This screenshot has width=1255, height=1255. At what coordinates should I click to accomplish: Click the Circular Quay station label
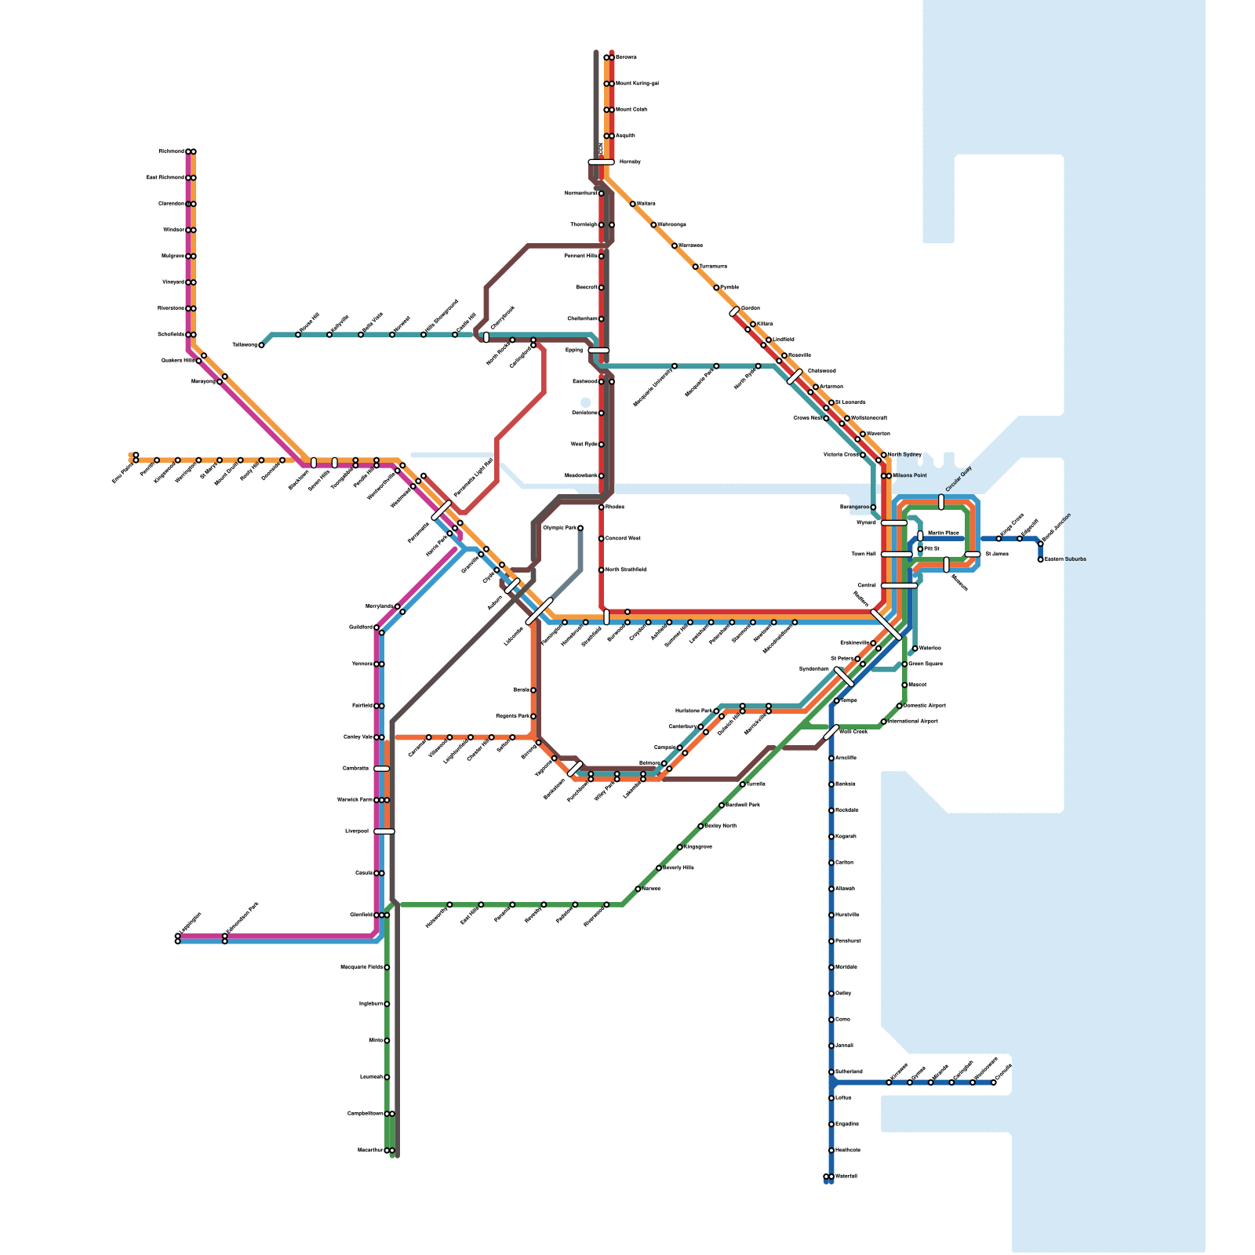pos(959,479)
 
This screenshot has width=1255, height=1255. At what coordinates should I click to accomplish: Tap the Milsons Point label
pos(910,475)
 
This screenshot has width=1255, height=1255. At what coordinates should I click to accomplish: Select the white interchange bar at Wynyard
pos(894,522)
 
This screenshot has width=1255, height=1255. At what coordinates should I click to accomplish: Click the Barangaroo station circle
pos(873,507)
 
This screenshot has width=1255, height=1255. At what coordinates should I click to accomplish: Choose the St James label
pos(997,555)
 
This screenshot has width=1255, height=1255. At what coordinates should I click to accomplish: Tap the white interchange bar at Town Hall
pos(896,555)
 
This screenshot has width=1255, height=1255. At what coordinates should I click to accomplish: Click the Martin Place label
pos(943,533)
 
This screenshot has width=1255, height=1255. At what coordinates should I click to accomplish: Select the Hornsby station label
pos(630,162)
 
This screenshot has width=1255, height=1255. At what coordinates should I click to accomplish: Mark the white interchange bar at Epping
pos(598,351)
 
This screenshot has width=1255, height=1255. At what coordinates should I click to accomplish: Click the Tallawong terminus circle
pos(261,345)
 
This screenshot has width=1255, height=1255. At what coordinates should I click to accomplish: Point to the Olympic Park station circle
pos(580,528)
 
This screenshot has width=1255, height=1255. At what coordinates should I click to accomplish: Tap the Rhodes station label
pos(615,507)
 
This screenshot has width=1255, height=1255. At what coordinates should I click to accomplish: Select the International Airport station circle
pos(883,722)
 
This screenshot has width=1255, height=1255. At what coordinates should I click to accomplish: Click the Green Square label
pos(926,664)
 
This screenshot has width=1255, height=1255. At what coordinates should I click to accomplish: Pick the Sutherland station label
pos(849,1071)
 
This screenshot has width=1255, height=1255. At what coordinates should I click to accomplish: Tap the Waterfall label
pos(846,1177)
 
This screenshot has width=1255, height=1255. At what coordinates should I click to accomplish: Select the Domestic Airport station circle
pos(899,706)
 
